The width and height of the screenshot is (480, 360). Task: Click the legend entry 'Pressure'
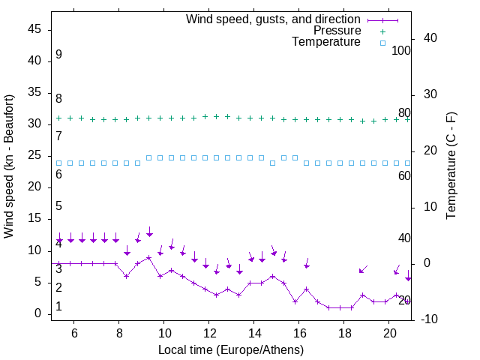337,31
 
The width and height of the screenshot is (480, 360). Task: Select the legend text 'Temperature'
326,43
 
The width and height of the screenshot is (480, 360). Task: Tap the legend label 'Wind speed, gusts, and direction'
274,19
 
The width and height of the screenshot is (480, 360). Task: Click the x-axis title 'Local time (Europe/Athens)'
231,350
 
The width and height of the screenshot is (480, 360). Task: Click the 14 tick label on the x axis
254,332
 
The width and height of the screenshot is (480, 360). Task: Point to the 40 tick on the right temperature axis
430,37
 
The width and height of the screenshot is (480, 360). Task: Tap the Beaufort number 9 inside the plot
58,55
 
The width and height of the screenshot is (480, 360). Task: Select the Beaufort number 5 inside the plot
58,206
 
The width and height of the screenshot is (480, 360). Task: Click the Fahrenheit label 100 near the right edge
401,50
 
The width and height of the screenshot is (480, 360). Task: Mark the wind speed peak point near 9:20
149,257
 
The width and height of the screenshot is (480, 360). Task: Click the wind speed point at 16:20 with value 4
306,289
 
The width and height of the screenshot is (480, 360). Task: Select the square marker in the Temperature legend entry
382,43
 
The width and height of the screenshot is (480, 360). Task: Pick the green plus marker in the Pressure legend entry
382,31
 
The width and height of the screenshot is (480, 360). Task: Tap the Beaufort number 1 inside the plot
58,307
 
